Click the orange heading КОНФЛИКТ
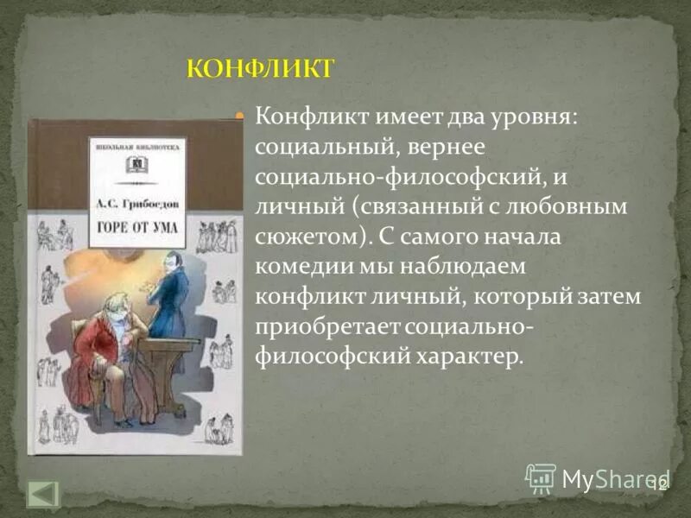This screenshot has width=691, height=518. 259,68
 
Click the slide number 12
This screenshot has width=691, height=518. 658,483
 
